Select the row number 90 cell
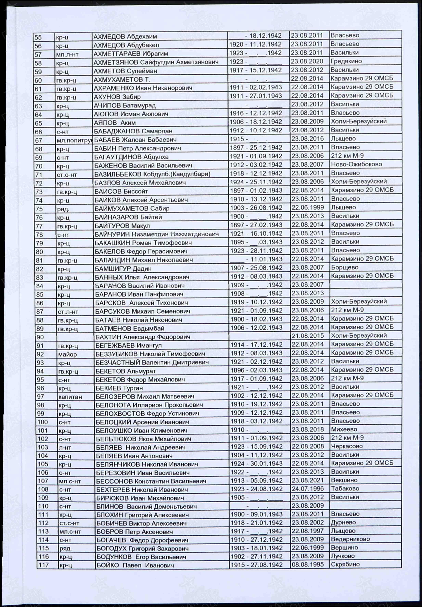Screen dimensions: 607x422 pyautogui.click(x=40, y=337)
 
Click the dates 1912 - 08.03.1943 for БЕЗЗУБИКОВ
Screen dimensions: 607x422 pyautogui.click(x=256, y=353)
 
